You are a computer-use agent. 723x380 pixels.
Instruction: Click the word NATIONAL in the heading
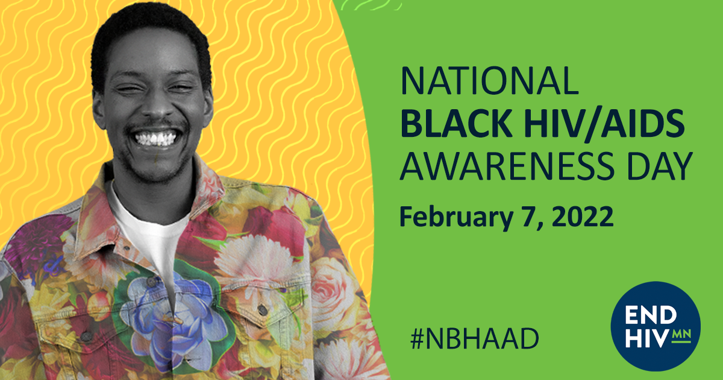pos(489,80)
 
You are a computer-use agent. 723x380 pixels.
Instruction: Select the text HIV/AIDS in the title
pos(604,124)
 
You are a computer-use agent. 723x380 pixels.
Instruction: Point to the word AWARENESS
pos(507,166)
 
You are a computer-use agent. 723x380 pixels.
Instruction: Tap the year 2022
pos(583,216)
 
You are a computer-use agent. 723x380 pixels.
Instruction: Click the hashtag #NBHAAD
pos(475,338)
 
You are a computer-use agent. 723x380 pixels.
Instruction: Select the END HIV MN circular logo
pos(656,326)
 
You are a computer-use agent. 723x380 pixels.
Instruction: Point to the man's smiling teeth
pos(155,139)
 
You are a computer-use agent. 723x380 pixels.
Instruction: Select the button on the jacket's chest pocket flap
pos(263,310)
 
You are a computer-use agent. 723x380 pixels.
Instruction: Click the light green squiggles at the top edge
pos(371,5)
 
